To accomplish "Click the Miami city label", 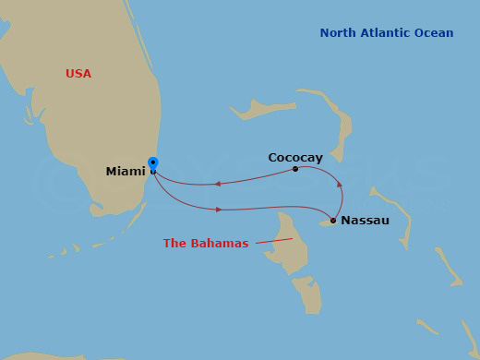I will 126,172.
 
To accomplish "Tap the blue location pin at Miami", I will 153,164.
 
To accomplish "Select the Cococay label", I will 295,158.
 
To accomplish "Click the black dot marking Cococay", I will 295,169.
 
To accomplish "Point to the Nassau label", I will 365,221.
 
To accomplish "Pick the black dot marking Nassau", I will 332,221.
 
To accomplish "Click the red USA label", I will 78,74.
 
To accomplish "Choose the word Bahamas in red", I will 221,244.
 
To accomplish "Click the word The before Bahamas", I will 175,244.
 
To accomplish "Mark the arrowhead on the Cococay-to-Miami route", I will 217,184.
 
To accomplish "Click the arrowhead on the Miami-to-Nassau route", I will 219,210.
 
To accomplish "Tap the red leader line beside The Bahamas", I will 274,241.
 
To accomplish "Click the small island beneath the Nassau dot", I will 325,223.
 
